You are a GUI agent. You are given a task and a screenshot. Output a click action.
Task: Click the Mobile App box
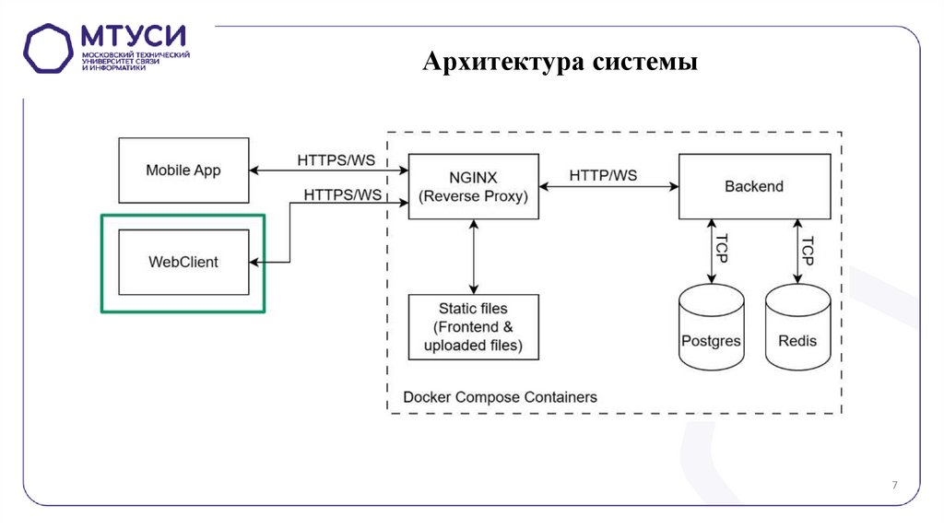[183, 170]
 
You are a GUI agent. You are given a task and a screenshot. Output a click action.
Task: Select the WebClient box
[183, 262]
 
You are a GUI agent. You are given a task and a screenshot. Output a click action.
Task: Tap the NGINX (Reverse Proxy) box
[473, 186]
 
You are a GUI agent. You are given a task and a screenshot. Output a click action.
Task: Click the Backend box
[753, 186]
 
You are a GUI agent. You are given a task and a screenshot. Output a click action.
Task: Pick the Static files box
[473, 327]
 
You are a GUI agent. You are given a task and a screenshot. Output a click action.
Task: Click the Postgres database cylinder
[711, 332]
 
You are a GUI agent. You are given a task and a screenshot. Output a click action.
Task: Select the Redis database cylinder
[797, 332]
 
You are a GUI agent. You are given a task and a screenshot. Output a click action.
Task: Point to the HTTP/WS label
[603, 175]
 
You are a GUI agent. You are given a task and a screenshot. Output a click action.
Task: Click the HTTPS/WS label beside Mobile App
[336, 159]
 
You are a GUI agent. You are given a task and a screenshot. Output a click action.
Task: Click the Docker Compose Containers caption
[500, 397]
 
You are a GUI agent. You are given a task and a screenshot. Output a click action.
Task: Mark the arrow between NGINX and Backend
[608, 187]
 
